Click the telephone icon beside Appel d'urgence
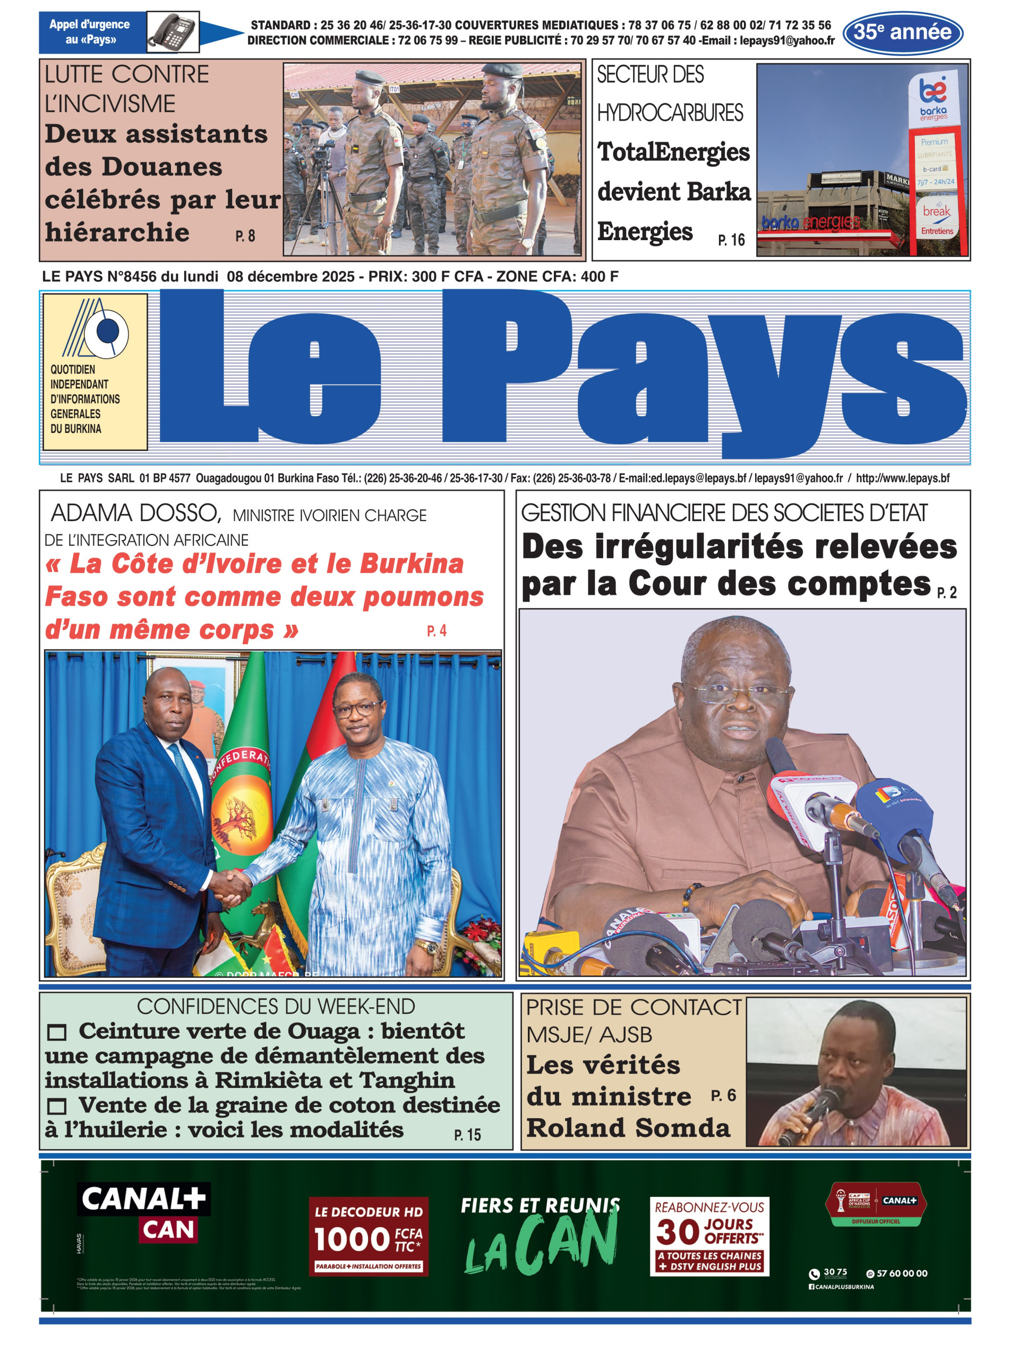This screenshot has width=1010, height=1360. pos(173,31)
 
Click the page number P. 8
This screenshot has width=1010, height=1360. pos(245,236)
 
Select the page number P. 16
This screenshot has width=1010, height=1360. pos(731,240)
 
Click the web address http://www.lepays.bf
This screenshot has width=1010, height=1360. pos(902,478)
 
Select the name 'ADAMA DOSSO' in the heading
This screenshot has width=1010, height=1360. pos(135,513)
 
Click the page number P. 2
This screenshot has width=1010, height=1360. pos(946,592)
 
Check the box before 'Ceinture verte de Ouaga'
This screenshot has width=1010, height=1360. pos(57,1033)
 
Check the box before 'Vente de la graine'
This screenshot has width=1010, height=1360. pos(57,1106)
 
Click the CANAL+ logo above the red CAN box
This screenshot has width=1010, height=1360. pos(144,1198)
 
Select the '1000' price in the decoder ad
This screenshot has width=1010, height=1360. pos(352,1239)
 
